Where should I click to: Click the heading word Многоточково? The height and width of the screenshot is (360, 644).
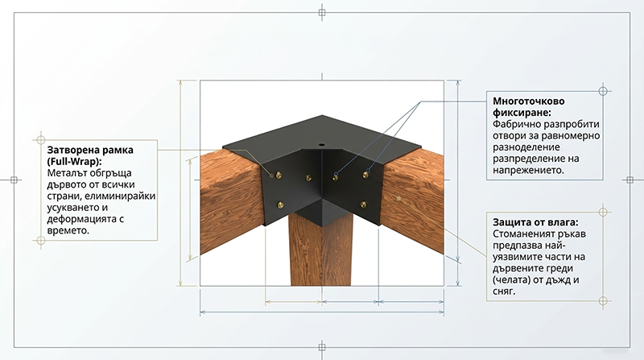tap(529, 101)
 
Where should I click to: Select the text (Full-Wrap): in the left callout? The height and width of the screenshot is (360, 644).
tap(74, 161)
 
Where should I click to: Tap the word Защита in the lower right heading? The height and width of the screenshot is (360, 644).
tap(511, 222)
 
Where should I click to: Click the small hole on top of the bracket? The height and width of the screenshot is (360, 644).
tap(321, 146)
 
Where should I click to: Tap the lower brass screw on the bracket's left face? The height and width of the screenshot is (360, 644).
tap(281, 205)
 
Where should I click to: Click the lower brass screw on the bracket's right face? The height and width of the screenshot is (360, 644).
tap(364, 205)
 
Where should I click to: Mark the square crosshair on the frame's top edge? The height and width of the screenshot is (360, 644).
tap(322, 13)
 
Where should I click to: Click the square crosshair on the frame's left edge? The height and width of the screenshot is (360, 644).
tap(14, 180)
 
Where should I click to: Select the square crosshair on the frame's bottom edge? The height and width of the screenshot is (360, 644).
tap(322, 347)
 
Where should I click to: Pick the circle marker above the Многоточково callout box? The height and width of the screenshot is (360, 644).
tap(603, 91)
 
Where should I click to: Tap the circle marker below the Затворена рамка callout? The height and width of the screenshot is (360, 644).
tap(41, 240)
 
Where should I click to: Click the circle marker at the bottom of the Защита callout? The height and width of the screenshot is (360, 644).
tap(603, 301)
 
